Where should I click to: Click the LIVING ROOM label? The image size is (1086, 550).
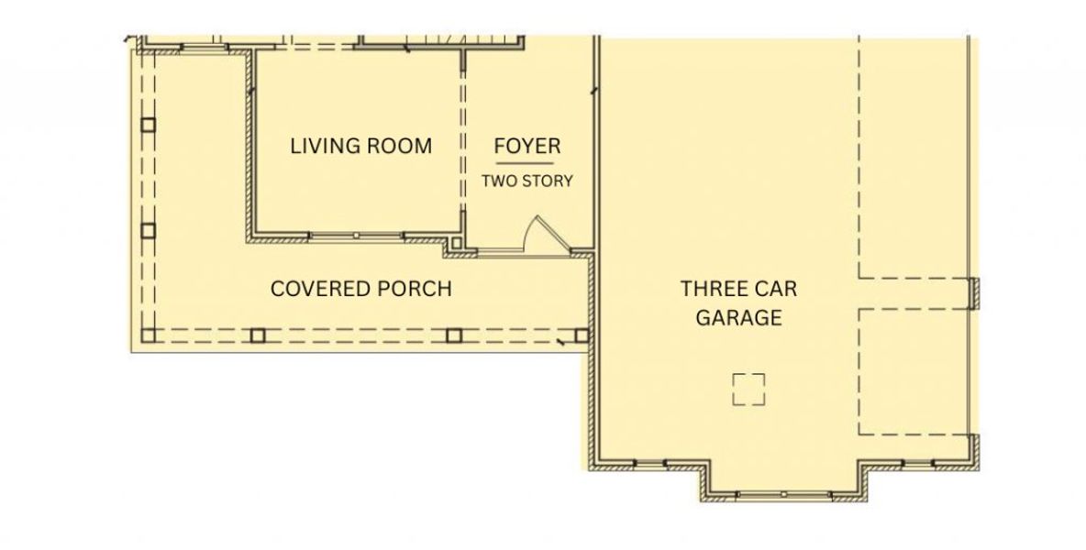point(360,146)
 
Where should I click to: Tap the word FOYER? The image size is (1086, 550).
point(526,146)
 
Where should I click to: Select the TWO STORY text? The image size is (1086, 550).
point(526,181)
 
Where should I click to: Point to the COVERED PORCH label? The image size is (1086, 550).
point(360,289)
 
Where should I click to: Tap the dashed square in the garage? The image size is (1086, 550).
point(748,390)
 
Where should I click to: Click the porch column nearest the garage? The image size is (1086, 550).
point(581,335)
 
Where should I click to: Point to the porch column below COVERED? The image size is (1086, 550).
point(259,335)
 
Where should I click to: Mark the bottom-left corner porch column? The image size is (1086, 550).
point(149,335)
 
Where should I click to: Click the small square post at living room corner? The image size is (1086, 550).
point(454,244)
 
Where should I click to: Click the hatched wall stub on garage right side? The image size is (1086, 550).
point(975,292)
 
